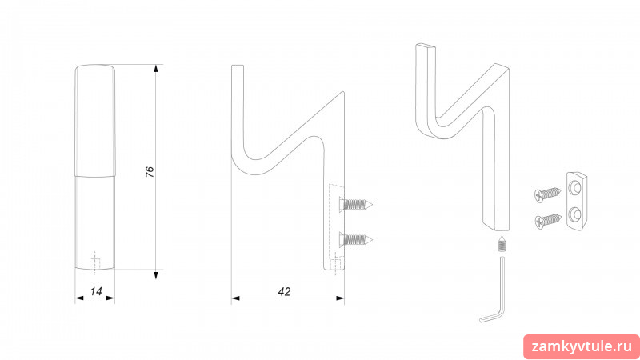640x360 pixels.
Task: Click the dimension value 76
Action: [x=150, y=171]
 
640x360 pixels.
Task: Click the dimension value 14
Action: [x=96, y=291]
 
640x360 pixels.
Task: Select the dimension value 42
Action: [x=284, y=291]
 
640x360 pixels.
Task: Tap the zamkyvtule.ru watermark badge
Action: [x=582, y=347]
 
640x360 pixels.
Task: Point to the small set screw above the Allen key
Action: [x=502, y=244]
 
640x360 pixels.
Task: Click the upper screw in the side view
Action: [x=355, y=204]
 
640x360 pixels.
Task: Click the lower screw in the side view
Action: [x=355, y=239]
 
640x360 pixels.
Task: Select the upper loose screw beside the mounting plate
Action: [x=548, y=194]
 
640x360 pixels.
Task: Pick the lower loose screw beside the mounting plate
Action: [x=548, y=221]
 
